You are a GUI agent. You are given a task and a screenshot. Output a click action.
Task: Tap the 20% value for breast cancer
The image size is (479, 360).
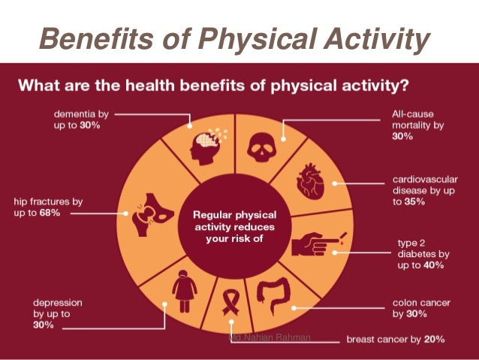tap(432, 339)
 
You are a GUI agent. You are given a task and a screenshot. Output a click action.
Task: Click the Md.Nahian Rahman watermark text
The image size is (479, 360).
tap(269, 337)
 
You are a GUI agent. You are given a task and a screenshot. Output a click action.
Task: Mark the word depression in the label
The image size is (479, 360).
tap(58, 302)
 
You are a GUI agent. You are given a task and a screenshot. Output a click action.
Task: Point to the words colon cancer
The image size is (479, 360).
tap(421, 303)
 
